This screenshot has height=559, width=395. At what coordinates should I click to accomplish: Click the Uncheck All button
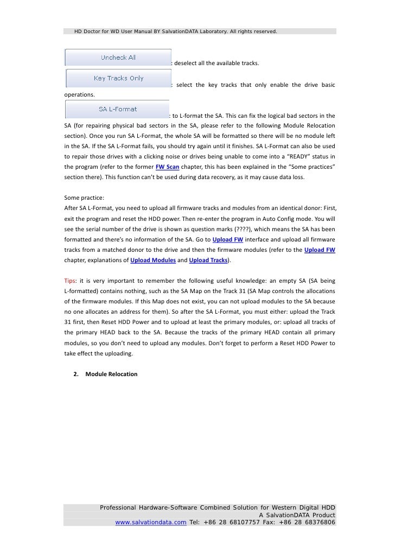coord(118,57)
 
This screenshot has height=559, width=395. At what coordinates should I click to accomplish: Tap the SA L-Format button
coord(118,109)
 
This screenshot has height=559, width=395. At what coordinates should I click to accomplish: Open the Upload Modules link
coord(152,261)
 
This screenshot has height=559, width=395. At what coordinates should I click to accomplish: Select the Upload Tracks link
coord(208,261)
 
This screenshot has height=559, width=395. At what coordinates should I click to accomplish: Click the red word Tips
coord(69,281)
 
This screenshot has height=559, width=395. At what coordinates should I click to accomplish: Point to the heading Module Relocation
coord(111,374)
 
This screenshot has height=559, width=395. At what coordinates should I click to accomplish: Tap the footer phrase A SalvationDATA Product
coord(297,515)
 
